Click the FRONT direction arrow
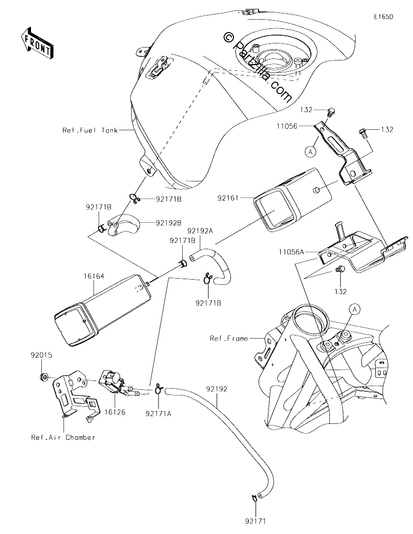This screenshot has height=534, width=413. (37, 42)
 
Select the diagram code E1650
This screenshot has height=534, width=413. (384, 17)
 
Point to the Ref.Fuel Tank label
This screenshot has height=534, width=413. (90, 130)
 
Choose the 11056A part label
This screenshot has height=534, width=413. (291, 252)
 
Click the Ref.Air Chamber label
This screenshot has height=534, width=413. (63, 437)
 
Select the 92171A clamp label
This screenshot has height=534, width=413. (158, 414)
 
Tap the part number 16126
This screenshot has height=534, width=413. (115, 412)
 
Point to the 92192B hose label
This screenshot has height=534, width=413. (169, 223)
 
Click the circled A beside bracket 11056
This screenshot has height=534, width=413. (310, 152)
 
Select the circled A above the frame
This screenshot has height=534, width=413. (355, 309)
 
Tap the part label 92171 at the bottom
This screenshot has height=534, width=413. (255, 521)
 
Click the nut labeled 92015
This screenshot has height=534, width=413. (43, 377)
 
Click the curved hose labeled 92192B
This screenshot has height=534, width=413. (122, 226)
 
